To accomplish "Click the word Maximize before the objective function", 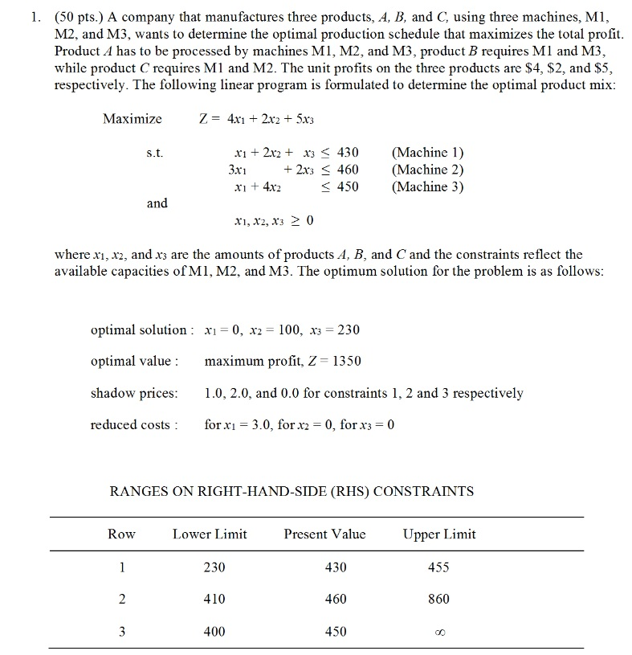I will (x=133, y=119).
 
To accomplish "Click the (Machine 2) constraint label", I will (x=427, y=170).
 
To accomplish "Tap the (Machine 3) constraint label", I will (x=427, y=186).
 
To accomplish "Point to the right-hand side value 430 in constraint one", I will (x=347, y=152).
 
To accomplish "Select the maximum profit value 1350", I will (x=346, y=361).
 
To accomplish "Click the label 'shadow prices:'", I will (x=134, y=393).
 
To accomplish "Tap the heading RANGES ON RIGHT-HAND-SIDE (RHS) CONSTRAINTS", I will (x=291, y=491).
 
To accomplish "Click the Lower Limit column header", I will (x=210, y=534).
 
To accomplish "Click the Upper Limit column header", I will (x=439, y=534).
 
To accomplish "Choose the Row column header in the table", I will (x=122, y=534).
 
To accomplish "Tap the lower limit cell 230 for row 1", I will (x=214, y=567).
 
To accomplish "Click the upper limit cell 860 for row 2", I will (x=439, y=599).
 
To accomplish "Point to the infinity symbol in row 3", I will (x=439, y=632).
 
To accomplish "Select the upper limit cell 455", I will (x=439, y=567).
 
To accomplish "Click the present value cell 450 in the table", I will (x=336, y=631).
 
